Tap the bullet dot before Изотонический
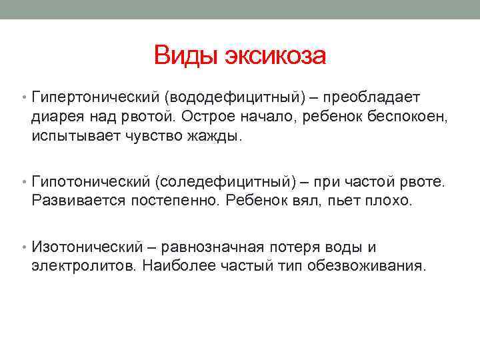23,248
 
